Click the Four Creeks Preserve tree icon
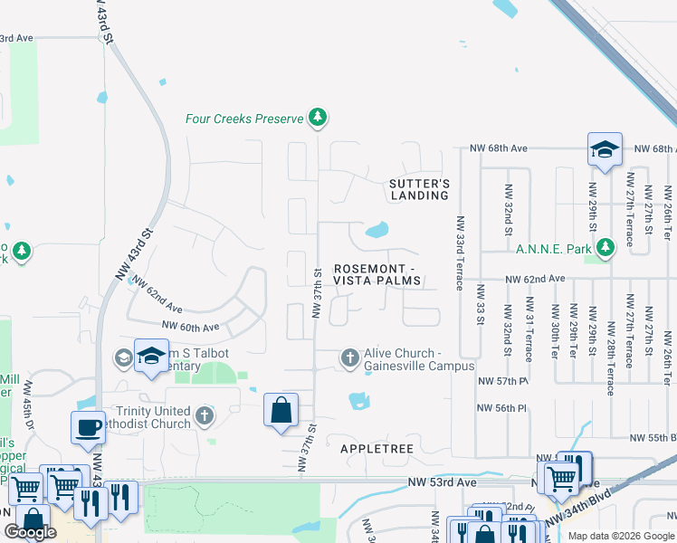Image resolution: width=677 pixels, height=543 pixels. pyautogui.click(x=317, y=118)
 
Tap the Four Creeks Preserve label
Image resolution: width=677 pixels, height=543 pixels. pyautogui.click(x=244, y=119)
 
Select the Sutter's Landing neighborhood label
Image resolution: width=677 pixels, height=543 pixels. pyautogui.click(x=419, y=189)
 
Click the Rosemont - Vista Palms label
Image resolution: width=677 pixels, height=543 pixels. pyautogui.click(x=377, y=274)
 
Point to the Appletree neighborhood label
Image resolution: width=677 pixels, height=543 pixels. pyautogui.click(x=377, y=448)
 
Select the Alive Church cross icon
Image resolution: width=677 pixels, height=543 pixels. pyautogui.click(x=350, y=359)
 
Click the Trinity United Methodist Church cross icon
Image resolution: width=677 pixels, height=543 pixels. pyautogui.click(x=205, y=417)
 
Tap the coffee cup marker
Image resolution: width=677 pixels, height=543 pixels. pyautogui.click(x=89, y=427)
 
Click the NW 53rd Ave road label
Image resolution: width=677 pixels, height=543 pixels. pyautogui.click(x=441, y=483)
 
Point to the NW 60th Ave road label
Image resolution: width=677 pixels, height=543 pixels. pyautogui.click(x=190, y=327)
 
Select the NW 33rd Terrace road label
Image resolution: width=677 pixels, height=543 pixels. pyautogui.click(x=460, y=252)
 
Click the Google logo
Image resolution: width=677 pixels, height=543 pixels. pyautogui.click(x=30, y=532)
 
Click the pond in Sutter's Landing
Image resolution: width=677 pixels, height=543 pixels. pyautogui.click(x=377, y=231)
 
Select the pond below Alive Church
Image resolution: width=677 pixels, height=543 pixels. pyautogui.click(x=358, y=399)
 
